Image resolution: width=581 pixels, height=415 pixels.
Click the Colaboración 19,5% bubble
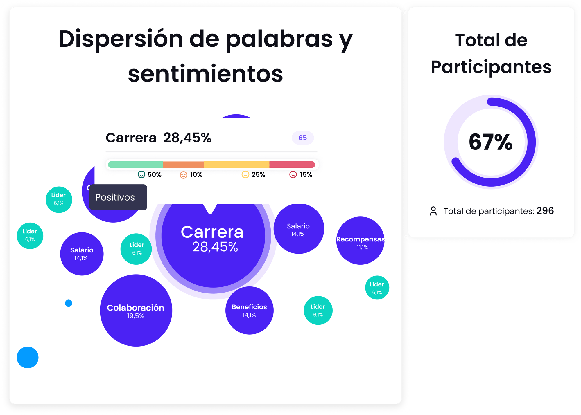(136, 311)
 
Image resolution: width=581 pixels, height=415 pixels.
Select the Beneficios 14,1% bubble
(249, 311)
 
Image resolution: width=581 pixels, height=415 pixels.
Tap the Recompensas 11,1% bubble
(360, 241)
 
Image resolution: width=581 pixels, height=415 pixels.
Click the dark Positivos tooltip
(118, 197)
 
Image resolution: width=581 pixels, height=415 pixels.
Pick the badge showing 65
(303, 138)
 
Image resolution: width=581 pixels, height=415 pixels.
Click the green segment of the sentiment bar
(135, 165)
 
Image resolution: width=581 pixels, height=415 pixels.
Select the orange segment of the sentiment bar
(183, 165)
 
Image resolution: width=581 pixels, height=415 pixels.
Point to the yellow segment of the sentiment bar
(236, 165)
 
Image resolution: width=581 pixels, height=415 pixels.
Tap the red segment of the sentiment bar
(292, 165)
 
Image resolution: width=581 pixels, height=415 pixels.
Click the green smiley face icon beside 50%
(141, 174)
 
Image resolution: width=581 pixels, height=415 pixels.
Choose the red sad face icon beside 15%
(293, 174)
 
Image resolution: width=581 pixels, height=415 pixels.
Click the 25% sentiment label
(258, 174)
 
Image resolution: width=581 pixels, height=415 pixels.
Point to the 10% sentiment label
(196, 174)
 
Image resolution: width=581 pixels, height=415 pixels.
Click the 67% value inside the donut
(491, 142)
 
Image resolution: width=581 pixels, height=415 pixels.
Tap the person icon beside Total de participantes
(433, 211)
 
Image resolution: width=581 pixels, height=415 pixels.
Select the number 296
(545, 211)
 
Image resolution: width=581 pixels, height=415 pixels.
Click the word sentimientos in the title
(205, 74)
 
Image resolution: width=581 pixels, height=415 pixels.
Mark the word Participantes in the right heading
(491, 67)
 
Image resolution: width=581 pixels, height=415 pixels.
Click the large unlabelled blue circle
(28, 357)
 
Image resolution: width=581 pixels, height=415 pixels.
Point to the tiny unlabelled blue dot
(69, 303)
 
